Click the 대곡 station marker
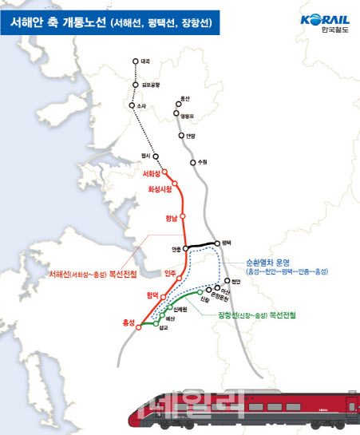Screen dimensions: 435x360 135,61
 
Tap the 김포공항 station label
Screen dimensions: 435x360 150,84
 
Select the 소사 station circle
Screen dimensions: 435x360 131,105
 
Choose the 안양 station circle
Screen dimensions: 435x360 180,135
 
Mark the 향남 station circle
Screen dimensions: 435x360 184,216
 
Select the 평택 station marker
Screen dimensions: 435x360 218,242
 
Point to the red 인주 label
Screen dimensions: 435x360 169,274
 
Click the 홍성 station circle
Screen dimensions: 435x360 138,326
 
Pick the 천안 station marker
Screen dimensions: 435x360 227,281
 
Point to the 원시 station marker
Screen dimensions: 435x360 156,156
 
